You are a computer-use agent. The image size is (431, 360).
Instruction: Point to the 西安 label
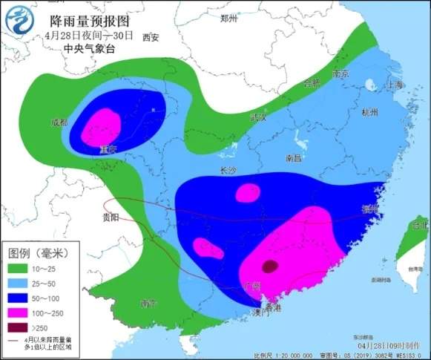click(x=151, y=36)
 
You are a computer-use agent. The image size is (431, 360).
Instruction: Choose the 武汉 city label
click(x=258, y=117)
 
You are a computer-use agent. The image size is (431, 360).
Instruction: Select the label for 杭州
click(x=369, y=113)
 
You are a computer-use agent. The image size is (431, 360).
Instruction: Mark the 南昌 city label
click(x=293, y=158)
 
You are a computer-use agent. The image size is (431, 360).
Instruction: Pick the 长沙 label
click(x=228, y=170)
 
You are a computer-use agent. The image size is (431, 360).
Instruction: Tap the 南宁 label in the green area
click(x=148, y=304)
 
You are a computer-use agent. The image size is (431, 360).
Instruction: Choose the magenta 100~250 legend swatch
click(x=22, y=311)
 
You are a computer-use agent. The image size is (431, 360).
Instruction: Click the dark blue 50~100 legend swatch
click(x=22, y=297)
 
